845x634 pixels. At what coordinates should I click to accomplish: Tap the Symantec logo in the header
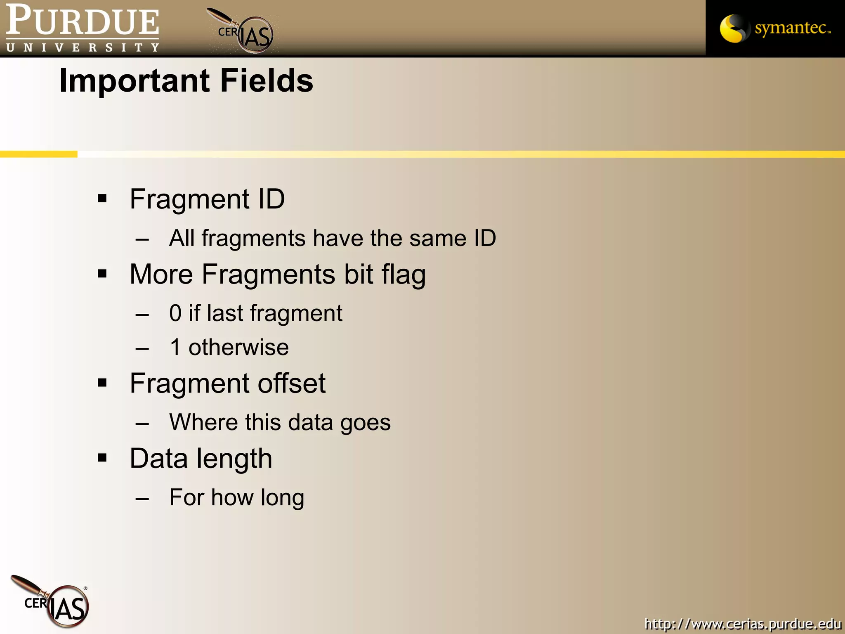point(775,28)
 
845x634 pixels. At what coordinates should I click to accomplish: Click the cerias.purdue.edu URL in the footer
point(742,624)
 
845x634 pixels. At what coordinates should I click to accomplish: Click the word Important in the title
point(136,80)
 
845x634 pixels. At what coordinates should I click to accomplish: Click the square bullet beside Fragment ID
point(102,199)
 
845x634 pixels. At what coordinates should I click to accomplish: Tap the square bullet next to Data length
point(102,458)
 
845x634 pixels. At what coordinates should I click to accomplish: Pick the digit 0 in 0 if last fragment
point(175,313)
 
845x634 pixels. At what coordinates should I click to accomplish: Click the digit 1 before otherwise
point(175,347)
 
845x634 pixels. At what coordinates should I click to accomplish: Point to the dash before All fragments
point(142,239)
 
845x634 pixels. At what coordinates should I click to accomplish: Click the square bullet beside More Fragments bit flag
point(102,274)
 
